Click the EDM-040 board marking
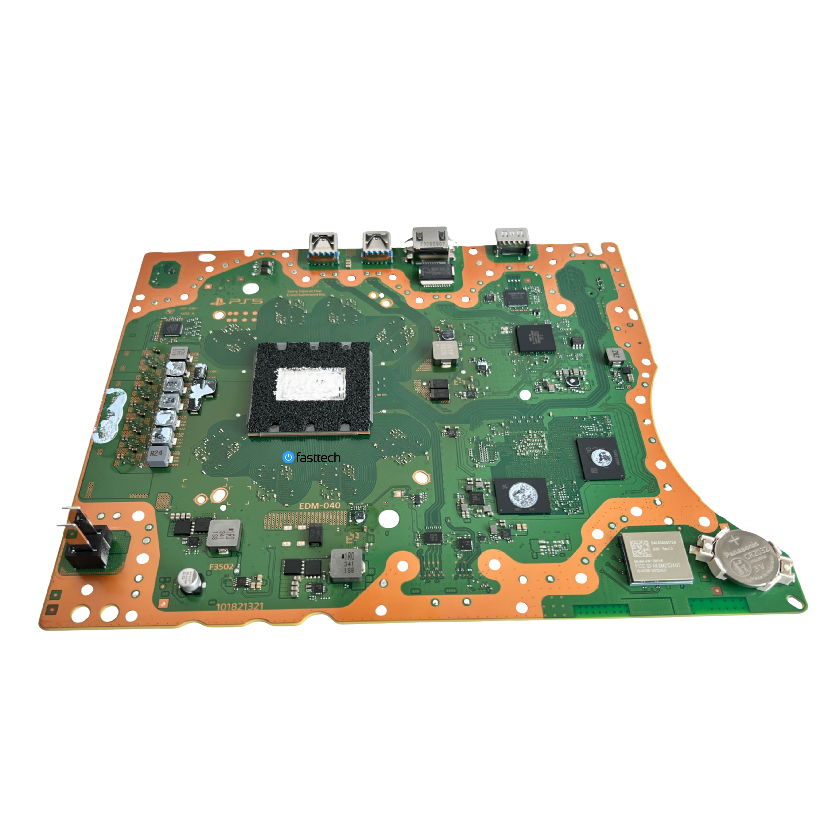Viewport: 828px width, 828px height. pyautogui.click(x=319, y=506)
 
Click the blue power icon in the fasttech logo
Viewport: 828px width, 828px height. pyautogui.click(x=288, y=457)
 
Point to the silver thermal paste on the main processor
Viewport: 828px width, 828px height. pyautogui.click(x=311, y=383)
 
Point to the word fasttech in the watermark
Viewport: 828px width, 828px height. pyautogui.click(x=318, y=458)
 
